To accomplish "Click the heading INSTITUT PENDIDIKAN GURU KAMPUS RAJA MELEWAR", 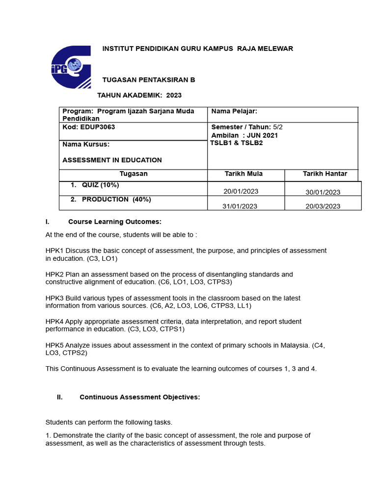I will click(x=197, y=49).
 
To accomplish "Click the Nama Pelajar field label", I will click(x=234, y=111).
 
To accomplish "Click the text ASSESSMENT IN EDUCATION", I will click(x=112, y=160).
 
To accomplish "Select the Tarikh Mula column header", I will click(x=243, y=174).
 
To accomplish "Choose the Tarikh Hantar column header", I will click(x=324, y=174).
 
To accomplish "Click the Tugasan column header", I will click(x=133, y=174).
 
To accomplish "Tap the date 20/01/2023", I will click(x=241, y=192).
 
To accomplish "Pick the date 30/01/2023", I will click(x=323, y=192).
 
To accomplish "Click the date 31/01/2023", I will click(x=240, y=206).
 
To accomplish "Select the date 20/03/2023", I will click(x=323, y=206).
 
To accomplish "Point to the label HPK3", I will click(x=54, y=298).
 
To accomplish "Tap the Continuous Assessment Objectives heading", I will click(x=139, y=397).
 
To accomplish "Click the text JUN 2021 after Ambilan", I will click(x=263, y=135).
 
